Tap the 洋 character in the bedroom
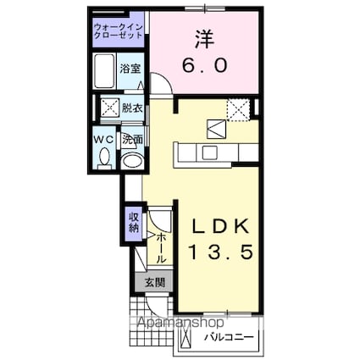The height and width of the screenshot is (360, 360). (x=203, y=39)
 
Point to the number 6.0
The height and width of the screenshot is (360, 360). (x=203, y=64)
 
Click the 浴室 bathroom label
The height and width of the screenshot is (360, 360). (x=129, y=68)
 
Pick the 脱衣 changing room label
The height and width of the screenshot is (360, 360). (x=131, y=108)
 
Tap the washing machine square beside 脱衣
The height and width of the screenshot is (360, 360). (x=109, y=108)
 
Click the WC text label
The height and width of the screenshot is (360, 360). (x=103, y=137)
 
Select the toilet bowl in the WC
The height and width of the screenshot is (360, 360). (x=104, y=157)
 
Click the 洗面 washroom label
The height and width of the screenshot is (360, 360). (x=132, y=137)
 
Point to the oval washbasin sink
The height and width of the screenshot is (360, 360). (x=132, y=160)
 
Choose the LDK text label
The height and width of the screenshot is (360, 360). (x=219, y=228)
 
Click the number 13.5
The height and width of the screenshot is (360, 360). (x=219, y=252)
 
